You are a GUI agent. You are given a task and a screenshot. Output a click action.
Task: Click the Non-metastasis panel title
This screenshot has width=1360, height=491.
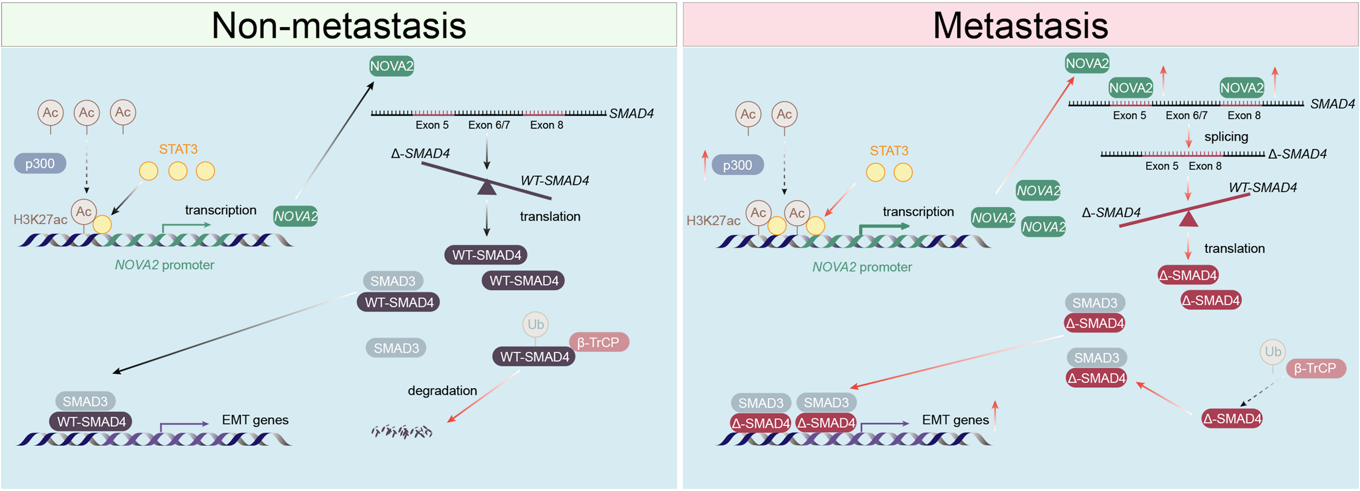pos(339,25)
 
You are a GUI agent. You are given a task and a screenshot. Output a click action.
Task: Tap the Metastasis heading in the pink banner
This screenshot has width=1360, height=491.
pos(1020,25)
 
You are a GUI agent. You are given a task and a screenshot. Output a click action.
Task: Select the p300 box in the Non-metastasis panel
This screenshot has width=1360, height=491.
pos(40,163)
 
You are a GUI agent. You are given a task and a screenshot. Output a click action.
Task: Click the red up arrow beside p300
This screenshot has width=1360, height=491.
pos(705,165)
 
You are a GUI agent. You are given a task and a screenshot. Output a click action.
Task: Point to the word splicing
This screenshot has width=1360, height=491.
pos(1226,136)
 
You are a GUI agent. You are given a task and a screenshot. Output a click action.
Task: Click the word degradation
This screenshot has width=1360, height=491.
pos(442,391)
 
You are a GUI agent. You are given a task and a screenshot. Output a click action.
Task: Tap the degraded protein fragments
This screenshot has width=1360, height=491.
pos(402,431)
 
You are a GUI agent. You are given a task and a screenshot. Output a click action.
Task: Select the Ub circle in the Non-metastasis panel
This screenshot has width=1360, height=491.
pos(535,324)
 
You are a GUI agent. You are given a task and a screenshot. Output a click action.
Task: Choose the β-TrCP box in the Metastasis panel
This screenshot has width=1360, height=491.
pos(1315,368)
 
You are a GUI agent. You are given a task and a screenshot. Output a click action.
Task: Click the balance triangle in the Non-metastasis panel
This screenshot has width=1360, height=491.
pos(486,188)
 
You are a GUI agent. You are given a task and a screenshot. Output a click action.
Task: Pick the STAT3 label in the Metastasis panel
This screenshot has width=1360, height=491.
pos(889,151)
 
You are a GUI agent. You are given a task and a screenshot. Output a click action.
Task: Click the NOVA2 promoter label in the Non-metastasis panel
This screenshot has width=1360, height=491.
pos(164,265)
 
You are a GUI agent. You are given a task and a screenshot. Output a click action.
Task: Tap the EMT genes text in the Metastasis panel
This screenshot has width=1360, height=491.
pos(955,420)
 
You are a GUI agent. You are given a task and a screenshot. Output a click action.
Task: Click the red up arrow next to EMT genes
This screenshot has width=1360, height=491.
pos(995,415)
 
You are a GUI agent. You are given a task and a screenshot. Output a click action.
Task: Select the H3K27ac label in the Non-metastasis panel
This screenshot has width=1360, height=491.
pos(40,220)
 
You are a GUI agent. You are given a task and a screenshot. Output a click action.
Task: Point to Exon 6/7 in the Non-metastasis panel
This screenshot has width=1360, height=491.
pos(489,125)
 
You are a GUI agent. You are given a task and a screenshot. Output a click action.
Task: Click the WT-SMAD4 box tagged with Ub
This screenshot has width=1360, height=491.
pos(534,357)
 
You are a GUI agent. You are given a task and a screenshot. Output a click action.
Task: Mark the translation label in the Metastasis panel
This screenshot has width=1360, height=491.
pos(1234,248)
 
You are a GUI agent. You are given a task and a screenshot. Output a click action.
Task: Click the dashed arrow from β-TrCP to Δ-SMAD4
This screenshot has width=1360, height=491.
pos(1261,393)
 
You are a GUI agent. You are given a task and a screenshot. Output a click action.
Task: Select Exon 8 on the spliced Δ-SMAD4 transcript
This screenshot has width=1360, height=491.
pos(1205,166)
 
